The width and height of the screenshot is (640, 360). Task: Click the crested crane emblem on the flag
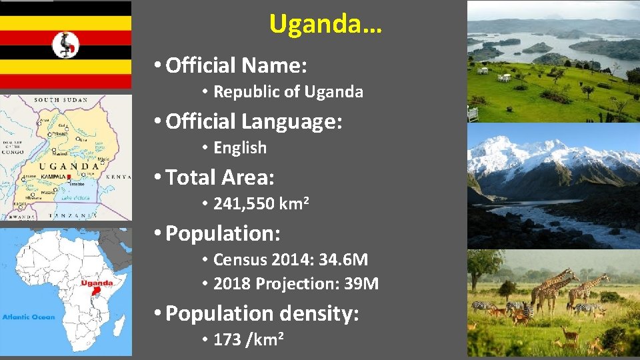tap(66, 45)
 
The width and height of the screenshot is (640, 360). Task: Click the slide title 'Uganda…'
tap(325, 24)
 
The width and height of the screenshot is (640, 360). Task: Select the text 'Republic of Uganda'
tap(288, 92)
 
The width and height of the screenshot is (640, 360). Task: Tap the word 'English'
tap(239, 148)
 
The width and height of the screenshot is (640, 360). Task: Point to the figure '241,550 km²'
tap(261, 203)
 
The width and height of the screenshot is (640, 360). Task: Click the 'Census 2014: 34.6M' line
tap(290, 259)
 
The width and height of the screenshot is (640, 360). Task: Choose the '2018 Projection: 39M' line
tap(295, 284)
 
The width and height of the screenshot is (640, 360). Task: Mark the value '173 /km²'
tap(249, 339)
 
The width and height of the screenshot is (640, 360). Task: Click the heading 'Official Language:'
tap(253, 121)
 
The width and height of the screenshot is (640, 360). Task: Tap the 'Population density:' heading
tap(262, 313)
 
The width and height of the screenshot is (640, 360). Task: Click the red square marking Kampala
tap(68, 177)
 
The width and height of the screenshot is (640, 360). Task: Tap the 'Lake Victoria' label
tap(75, 198)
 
